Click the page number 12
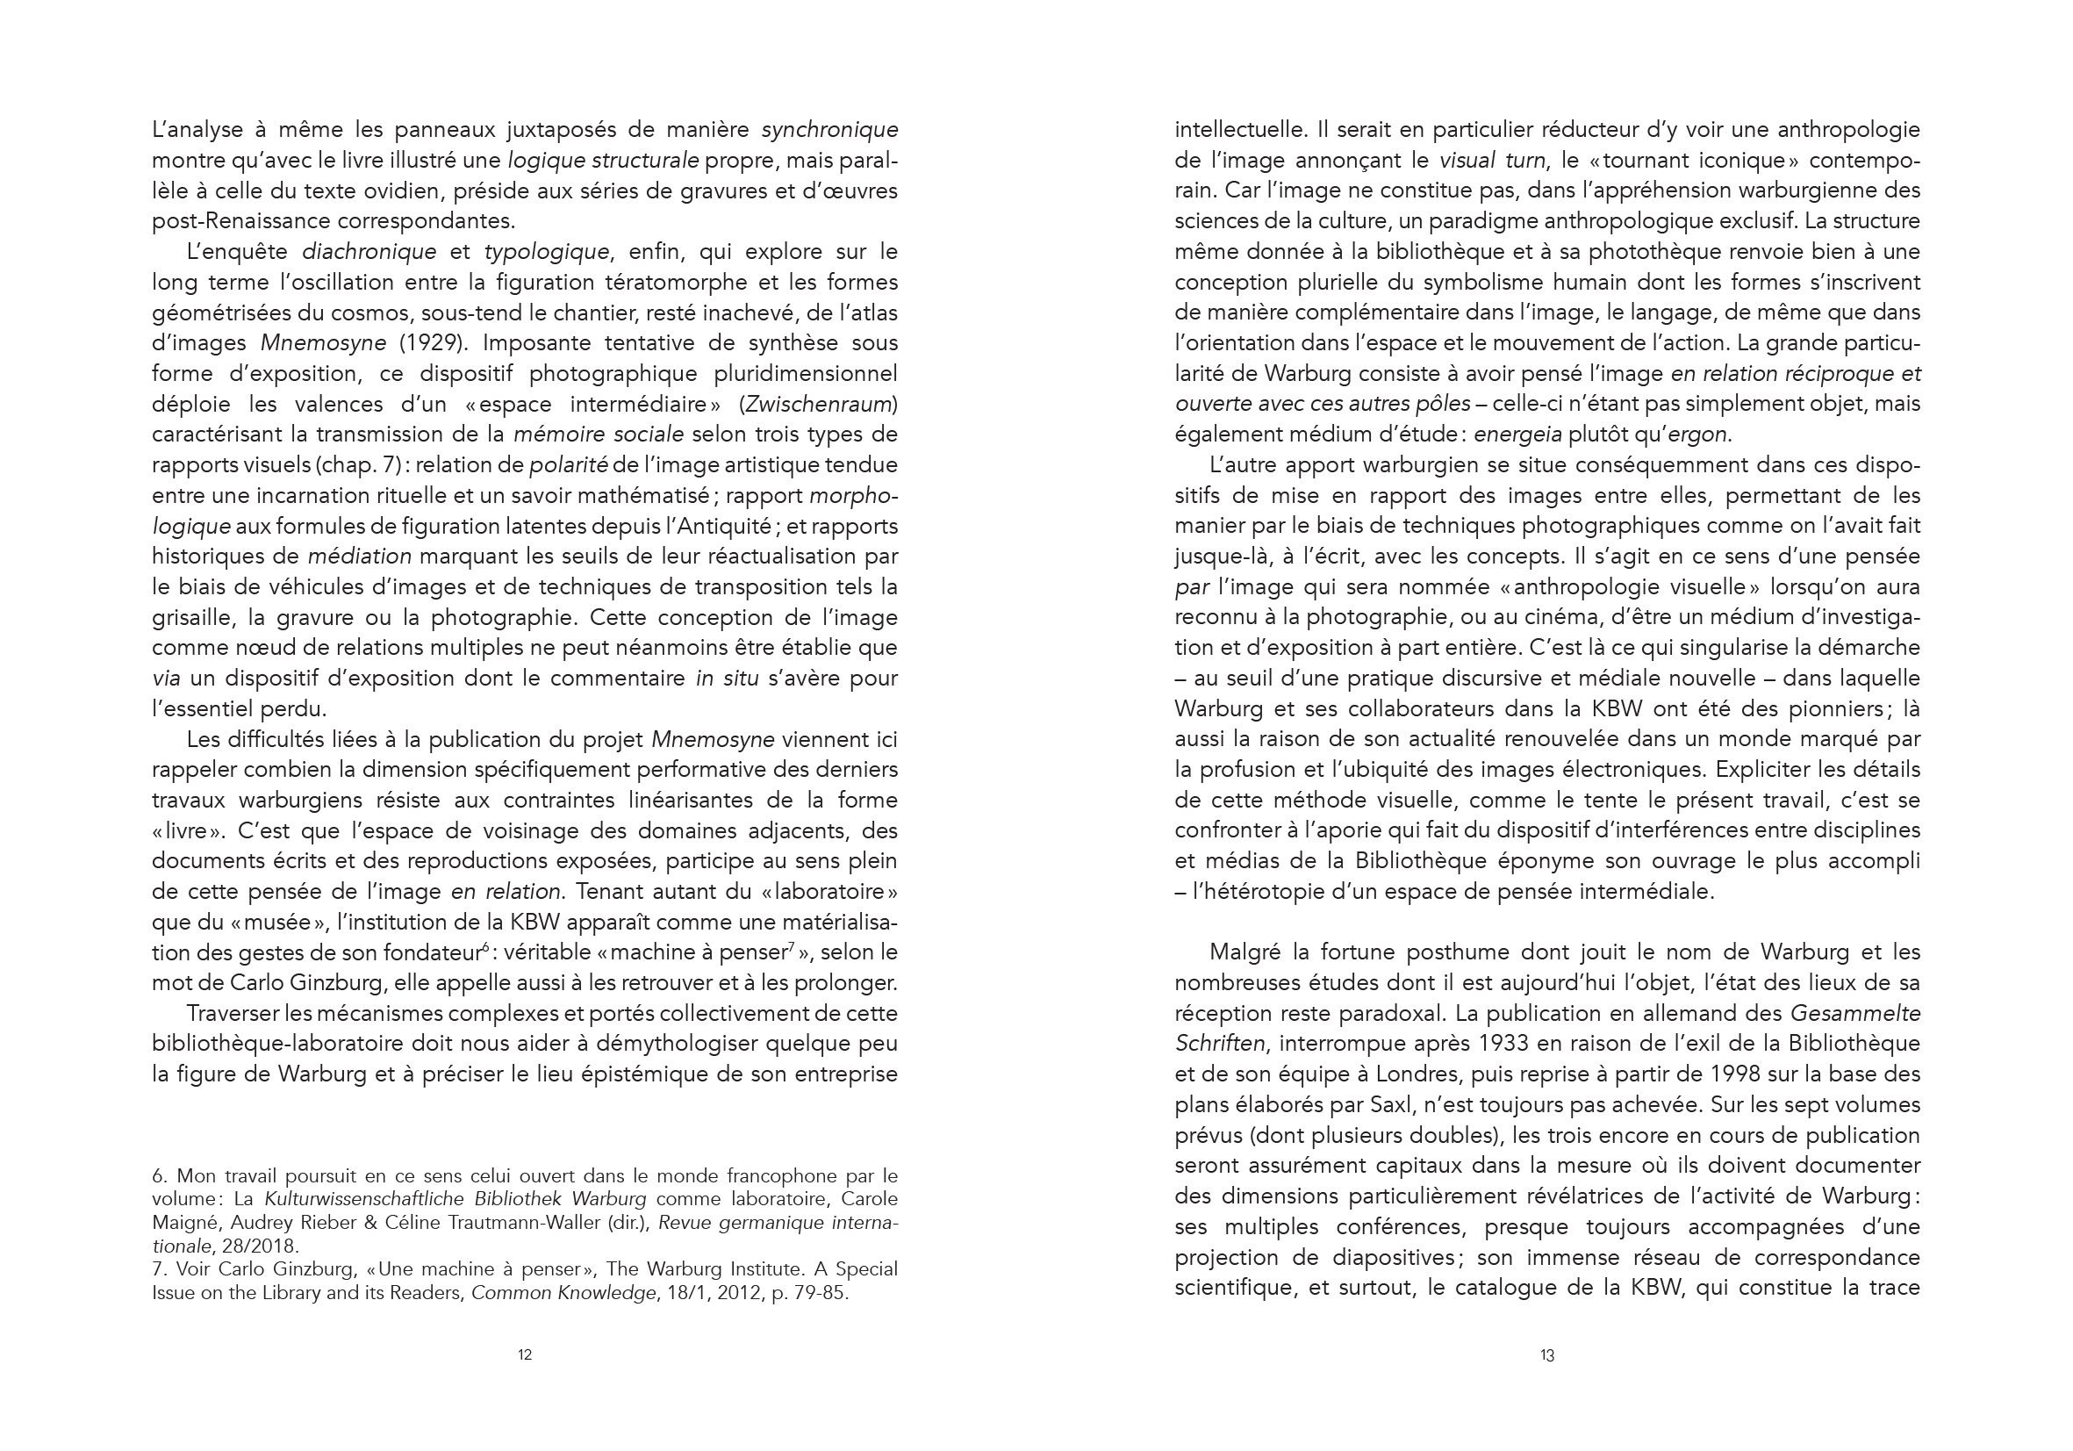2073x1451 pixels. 525,1354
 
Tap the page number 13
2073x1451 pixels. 1547,1354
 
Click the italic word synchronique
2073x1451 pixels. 829,130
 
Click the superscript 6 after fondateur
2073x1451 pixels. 484,946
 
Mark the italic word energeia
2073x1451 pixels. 1517,435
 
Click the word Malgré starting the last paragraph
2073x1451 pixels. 1246,952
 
